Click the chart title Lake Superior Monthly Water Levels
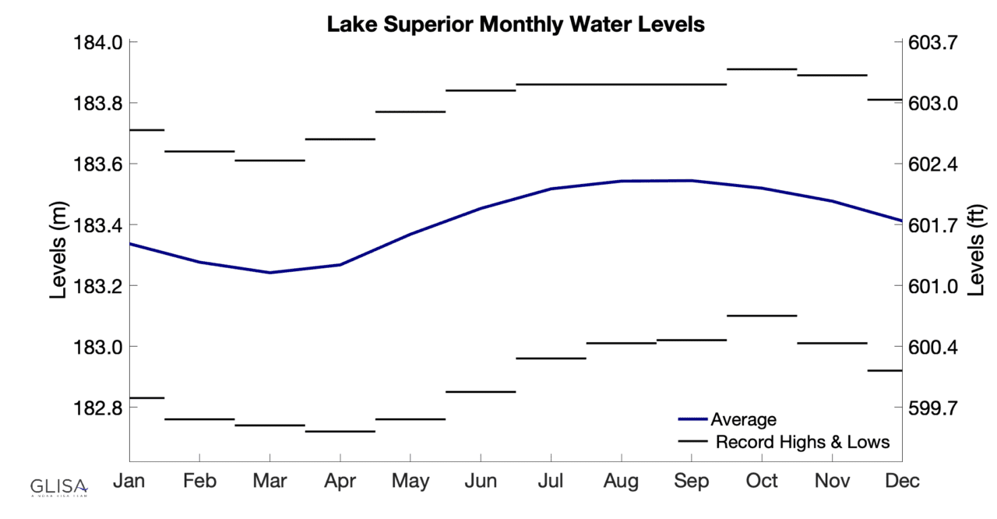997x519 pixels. [x=515, y=24]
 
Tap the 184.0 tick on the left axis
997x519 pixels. [x=96, y=42]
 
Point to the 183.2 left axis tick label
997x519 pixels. [x=96, y=286]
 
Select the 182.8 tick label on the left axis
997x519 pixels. [x=96, y=408]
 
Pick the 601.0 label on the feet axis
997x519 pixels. [x=932, y=286]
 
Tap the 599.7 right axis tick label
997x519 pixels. [x=932, y=408]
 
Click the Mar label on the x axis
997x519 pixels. [x=270, y=481]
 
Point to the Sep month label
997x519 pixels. [x=692, y=481]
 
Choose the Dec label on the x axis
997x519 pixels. [x=902, y=481]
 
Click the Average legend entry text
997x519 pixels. [x=743, y=420]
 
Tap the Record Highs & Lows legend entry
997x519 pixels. [x=802, y=442]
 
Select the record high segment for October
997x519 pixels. [x=762, y=69]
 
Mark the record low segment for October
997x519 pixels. [x=762, y=316]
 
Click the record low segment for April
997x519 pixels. [x=340, y=431]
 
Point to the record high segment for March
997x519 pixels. [x=270, y=161]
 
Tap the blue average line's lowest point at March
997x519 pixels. [x=270, y=272]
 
